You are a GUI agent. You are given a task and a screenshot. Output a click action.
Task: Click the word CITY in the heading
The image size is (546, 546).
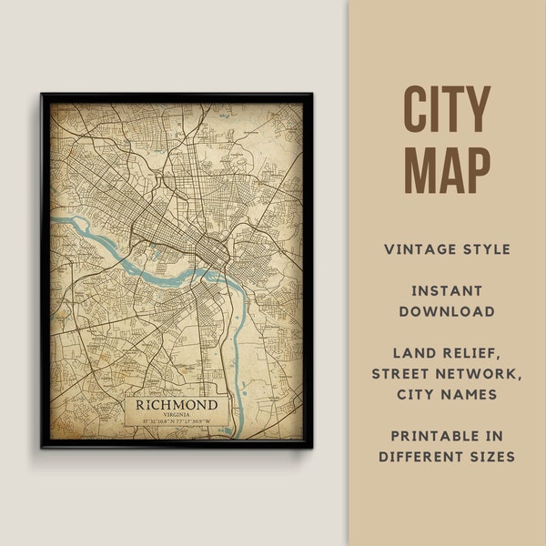[x=447, y=112]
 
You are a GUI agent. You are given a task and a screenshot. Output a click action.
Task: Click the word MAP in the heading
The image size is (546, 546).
[x=447, y=170]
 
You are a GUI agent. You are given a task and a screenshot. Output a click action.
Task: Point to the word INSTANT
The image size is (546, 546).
[x=447, y=291]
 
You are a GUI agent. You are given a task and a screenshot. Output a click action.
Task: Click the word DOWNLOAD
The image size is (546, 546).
[x=447, y=311]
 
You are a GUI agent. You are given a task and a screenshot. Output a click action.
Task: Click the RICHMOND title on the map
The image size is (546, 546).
[x=177, y=404]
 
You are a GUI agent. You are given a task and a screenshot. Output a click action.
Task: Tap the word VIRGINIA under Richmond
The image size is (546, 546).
[x=177, y=414]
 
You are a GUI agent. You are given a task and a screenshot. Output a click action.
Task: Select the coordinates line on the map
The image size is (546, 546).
[x=177, y=421]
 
